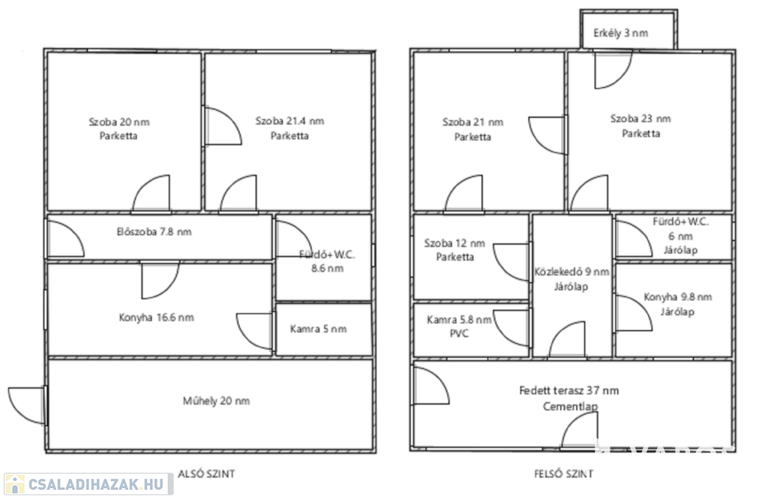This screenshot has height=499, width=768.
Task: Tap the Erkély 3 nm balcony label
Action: (x=620, y=34)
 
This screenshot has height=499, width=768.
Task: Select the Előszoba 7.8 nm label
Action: (x=154, y=232)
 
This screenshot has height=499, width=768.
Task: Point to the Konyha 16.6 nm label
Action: (x=156, y=317)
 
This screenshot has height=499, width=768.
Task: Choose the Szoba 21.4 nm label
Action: (x=289, y=121)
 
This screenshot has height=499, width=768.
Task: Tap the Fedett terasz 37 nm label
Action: (x=570, y=390)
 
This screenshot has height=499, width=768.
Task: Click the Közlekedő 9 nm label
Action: (x=571, y=272)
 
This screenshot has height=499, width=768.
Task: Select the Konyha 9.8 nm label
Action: (x=678, y=297)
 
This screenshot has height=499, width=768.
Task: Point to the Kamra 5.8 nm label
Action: (x=459, y=320)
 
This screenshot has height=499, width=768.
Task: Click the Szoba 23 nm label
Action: (x=640, y=119)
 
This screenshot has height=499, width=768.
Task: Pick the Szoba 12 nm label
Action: (x=454, y=243)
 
